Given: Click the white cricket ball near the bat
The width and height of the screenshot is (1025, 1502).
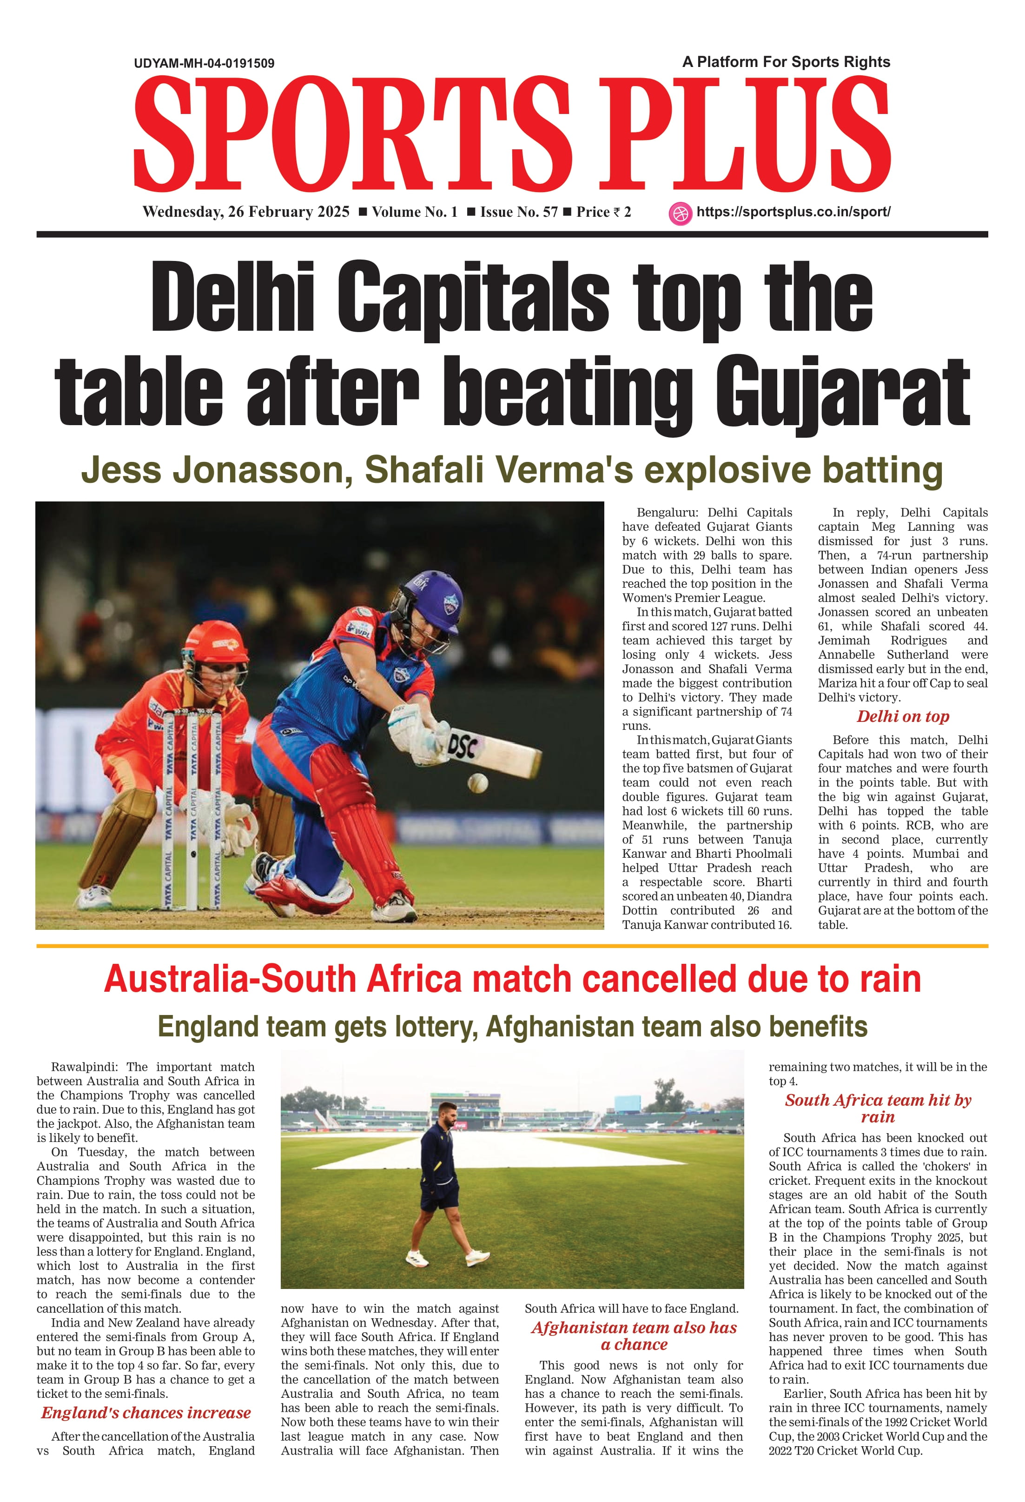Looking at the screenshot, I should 477,783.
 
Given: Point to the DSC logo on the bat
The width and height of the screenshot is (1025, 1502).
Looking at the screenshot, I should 463,747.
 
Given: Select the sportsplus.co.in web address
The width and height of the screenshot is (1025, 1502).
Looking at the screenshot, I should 793,212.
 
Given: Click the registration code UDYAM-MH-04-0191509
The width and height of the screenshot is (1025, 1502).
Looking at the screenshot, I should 204,63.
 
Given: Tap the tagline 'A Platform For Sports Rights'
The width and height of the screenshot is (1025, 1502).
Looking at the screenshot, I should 786,62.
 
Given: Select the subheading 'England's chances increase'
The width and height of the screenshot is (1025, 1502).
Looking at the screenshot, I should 146,1412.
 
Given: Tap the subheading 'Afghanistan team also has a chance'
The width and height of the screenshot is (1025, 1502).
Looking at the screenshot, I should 634,1335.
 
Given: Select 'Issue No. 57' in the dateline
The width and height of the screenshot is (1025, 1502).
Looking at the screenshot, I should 519,212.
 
